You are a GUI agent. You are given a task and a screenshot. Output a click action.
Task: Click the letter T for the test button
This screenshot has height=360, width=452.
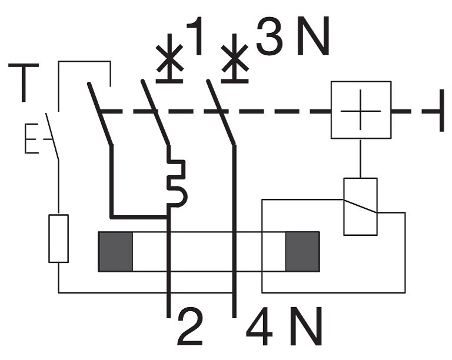click(x=24, y=82)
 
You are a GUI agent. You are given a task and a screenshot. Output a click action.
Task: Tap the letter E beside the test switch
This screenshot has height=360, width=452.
click(x=31, y=138)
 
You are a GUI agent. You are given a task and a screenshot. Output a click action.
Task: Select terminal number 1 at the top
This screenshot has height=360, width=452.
click(x=195, y=36)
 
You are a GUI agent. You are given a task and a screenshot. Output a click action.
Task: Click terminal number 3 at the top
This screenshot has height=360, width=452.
click(x=269, y=36)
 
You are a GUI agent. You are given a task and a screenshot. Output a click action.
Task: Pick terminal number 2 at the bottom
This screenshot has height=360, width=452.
click(x=190, y=327)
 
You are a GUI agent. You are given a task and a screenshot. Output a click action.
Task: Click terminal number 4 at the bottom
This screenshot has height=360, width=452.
click(x=259, y=326)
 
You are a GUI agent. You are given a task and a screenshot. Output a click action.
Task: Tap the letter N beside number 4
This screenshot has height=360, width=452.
click(x=305, y=326)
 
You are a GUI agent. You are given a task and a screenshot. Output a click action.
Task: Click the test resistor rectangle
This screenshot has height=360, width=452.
click(x=58, y=238)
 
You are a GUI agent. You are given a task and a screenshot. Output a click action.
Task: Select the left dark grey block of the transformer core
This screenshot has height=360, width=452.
click(x=115, y=251)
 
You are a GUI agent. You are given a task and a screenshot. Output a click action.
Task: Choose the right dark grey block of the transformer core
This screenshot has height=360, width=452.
click(x=303, y=251)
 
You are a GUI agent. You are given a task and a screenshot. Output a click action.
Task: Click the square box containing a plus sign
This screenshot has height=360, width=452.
click(x=361, y=110)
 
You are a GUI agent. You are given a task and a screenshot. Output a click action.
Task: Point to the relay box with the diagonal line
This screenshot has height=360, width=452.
click(x=360, y=206)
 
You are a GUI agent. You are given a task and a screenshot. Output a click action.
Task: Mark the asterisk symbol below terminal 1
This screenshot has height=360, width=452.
click(x=169, y=58)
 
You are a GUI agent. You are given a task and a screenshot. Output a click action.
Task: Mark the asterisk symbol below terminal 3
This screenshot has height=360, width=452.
click(x=235, y=58)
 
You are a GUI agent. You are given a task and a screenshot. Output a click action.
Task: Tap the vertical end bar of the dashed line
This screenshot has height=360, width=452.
click(x=441, y=111)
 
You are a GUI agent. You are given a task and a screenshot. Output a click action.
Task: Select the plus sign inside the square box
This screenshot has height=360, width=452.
click(x=361, y=111)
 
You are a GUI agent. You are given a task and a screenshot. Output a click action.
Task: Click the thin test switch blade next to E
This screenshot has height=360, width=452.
click(x=52, y=136)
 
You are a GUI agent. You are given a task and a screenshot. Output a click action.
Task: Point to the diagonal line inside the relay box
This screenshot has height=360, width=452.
click(x=360, y=206)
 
